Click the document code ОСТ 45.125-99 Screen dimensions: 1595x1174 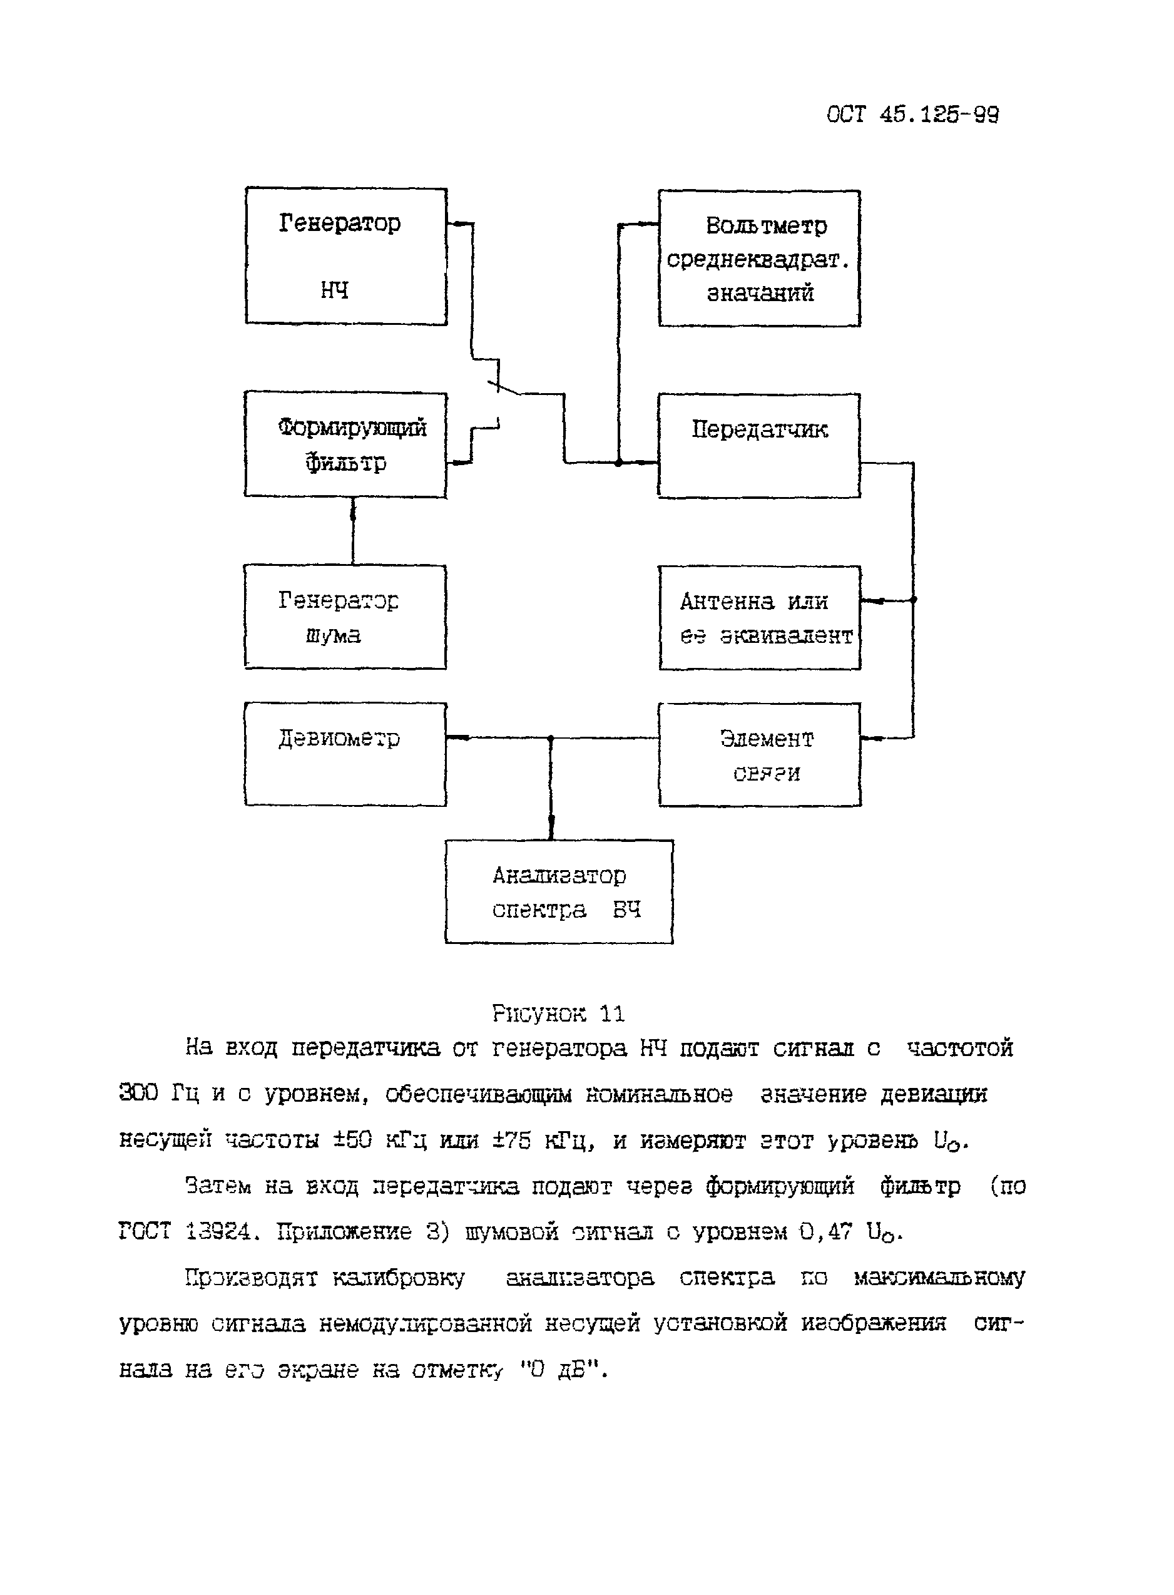coord(912,115)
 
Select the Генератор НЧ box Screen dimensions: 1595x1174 coord(346,256)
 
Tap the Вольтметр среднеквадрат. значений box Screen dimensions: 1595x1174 coord(759,258)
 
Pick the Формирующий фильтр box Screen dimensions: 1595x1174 coord(345,444)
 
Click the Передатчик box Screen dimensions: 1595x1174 coord(759,445)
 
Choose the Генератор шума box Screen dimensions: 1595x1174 coord(345,617)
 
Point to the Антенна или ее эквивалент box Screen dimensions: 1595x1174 coord(760,618)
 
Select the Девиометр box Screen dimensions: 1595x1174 coord(345,754)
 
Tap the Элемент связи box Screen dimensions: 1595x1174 coord(760,755)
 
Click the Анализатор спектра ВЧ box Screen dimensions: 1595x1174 coord(559,892)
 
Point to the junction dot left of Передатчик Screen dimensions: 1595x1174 coord(618,463)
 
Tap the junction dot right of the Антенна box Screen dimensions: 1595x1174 coord(913,600)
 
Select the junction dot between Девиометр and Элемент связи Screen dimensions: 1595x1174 coord(551,739)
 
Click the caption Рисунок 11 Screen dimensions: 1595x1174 coord(559,1013)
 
